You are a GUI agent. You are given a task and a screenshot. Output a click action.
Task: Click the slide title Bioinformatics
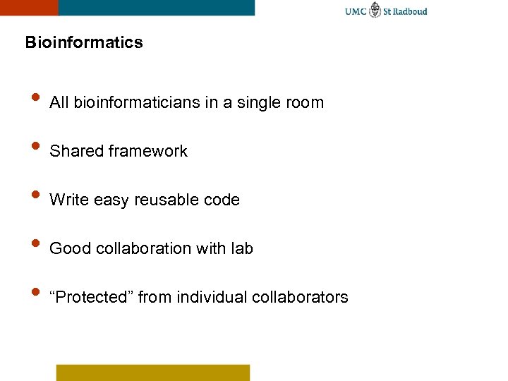tap(83, 43)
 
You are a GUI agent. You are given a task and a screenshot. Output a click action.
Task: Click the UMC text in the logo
tap(355, 11)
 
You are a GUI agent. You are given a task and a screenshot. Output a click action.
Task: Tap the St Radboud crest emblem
tap(375, 11)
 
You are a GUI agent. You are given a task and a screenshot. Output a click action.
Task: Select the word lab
tap(241, 249)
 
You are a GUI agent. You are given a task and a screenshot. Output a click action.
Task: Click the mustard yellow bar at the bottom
tap(152, 372)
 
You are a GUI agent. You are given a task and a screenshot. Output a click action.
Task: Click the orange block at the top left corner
tap(29, 7)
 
